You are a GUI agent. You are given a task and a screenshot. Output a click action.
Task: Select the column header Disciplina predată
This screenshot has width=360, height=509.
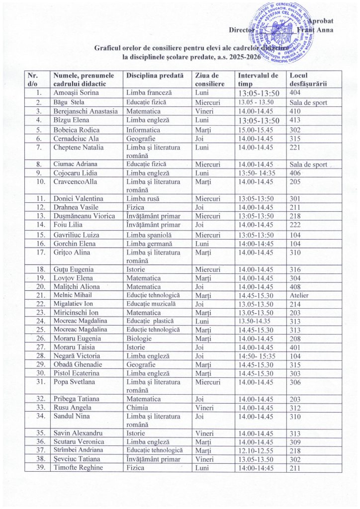pos(155,76)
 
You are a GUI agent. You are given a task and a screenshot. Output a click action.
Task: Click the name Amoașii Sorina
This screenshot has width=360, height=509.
pos(76,93)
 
